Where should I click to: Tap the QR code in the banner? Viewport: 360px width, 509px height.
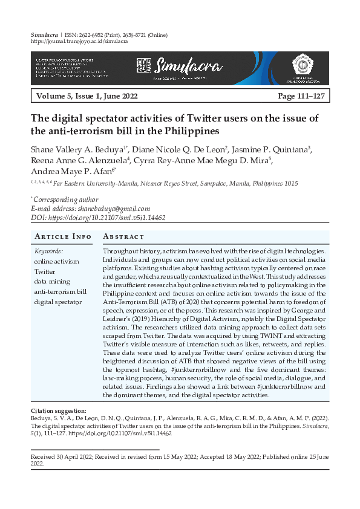tap(143, 64)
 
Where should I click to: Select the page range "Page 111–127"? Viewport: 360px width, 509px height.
tap(301, 96)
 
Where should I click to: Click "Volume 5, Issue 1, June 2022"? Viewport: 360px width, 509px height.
tap(87, 96)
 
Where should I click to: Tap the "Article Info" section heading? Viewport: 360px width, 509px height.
tap(63, 236)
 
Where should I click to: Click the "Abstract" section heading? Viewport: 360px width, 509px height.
tap(124, 236)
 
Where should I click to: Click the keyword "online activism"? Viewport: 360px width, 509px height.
tap(57, 262)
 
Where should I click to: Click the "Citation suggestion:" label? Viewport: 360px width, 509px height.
tap(58, 411)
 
